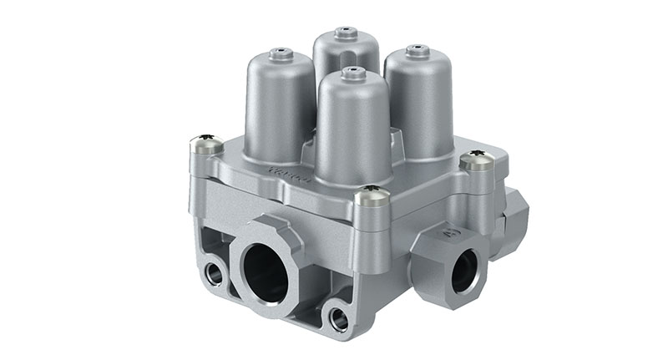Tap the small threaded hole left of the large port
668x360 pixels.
213,271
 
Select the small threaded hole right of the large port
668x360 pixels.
338,317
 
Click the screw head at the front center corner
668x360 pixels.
372,197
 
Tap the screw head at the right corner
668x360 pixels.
478,159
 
